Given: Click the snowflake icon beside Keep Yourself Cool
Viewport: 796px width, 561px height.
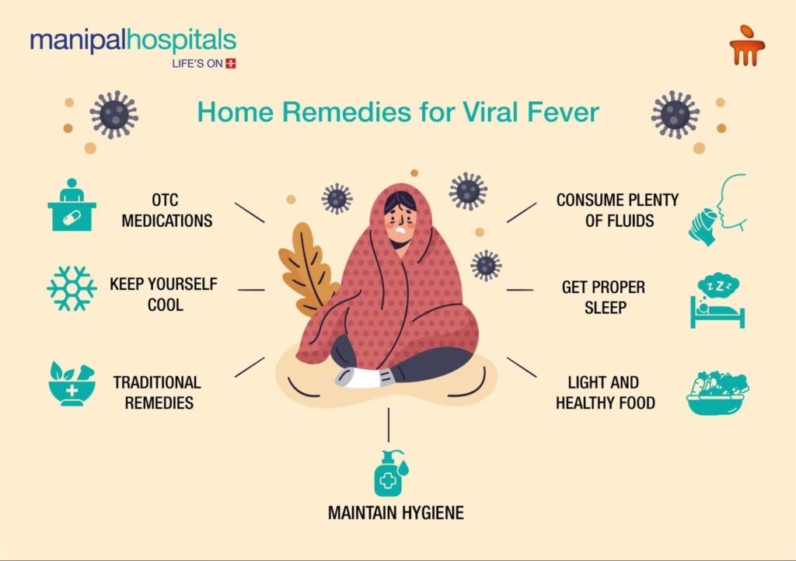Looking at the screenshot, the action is click(72, 288).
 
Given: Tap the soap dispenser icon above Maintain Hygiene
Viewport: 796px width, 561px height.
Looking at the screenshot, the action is click(390, 473).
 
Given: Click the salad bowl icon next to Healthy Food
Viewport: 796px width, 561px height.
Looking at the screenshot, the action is click(717, 392).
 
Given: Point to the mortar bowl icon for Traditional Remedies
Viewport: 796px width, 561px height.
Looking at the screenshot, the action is click(72, 384).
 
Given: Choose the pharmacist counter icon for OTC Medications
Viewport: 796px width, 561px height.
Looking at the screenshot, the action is click(72, 205).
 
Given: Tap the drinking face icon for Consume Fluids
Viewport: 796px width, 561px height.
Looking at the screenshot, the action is click(717, 210).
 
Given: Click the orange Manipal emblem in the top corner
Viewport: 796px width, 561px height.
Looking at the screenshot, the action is click(747, 46).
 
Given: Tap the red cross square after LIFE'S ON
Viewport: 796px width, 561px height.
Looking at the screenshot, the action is click(231, 64).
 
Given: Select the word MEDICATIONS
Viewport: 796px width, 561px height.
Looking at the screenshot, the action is click(167, 221).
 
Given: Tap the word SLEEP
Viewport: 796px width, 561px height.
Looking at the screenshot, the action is click(605, 308).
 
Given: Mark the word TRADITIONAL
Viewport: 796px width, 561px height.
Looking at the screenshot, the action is click(157, 382).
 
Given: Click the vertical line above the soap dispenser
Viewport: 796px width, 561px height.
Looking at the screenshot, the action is click(389, 425).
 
